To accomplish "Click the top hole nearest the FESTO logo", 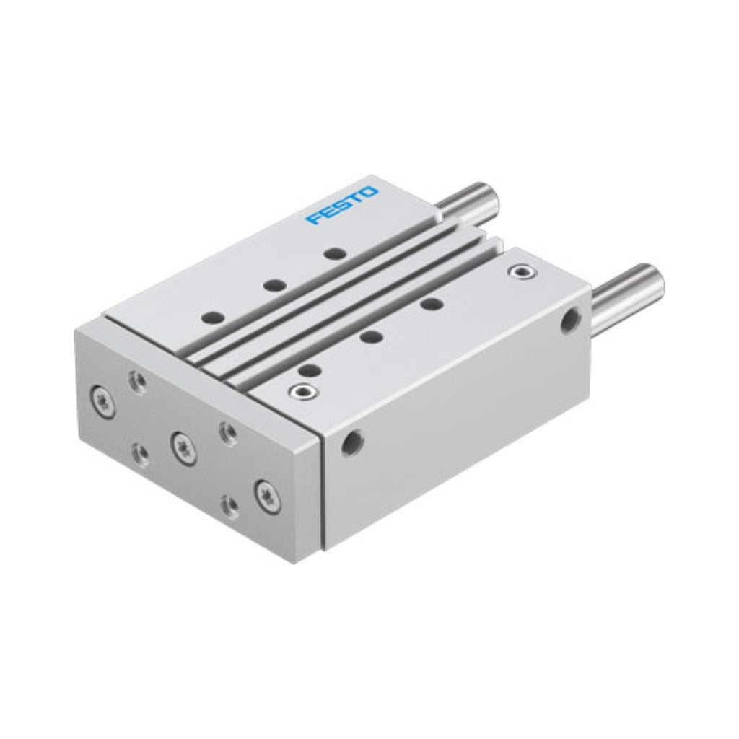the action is tap(335, 254).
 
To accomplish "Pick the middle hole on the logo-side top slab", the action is tap(275, 285).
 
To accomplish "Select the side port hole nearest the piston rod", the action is tap(570, 320).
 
